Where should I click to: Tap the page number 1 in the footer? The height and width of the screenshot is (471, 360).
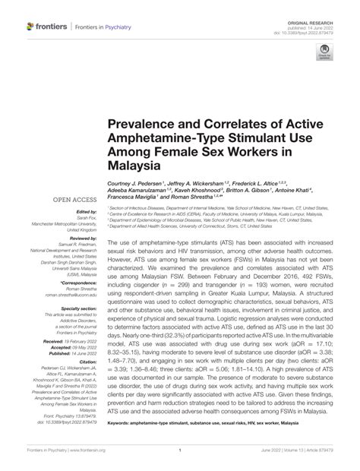179,459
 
